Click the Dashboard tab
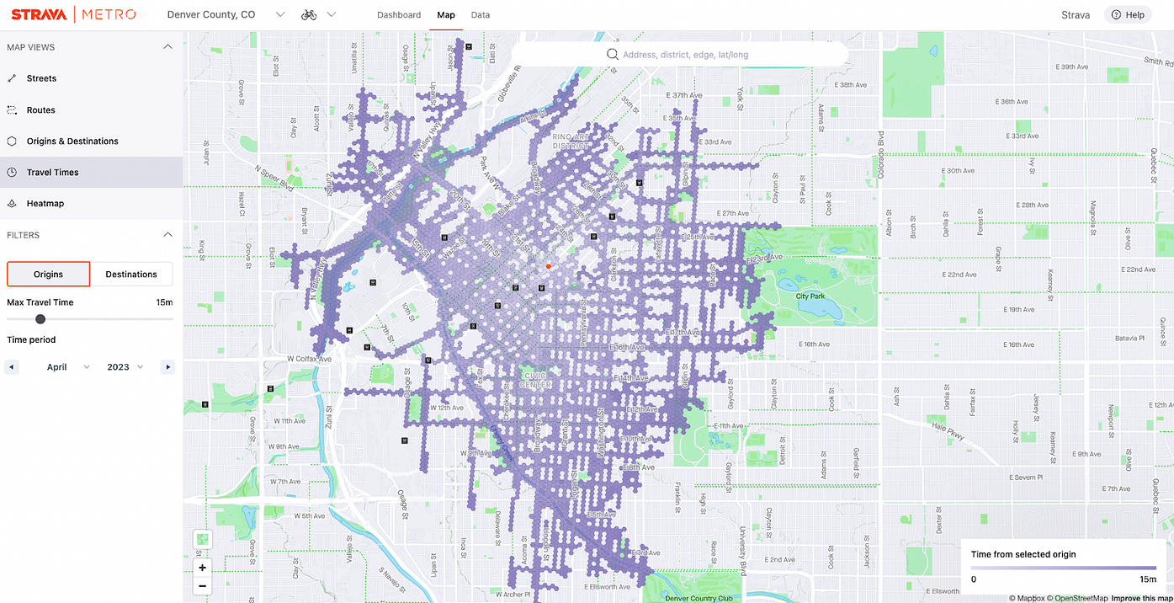[x=399, y=15]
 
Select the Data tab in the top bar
[x=481, y=15]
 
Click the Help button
[x=1128, y=15]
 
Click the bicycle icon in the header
[x=309, y=15]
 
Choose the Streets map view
[x=41, y=78]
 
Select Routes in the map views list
[x=40, y=110]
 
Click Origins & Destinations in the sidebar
[x=72, y=141]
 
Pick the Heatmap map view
[x=45, y=204]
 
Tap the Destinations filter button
[x=131, y=275]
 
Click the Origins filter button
[x=49, y=275]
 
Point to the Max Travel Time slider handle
[x=40, y=319]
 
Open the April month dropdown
[x=68, y=367]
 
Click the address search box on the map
[x=680, y=55]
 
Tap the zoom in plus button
[x=203, y=568]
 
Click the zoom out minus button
[x=203, y=585]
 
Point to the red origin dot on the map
[x=548, y=266]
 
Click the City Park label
[x=810, y=296]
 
